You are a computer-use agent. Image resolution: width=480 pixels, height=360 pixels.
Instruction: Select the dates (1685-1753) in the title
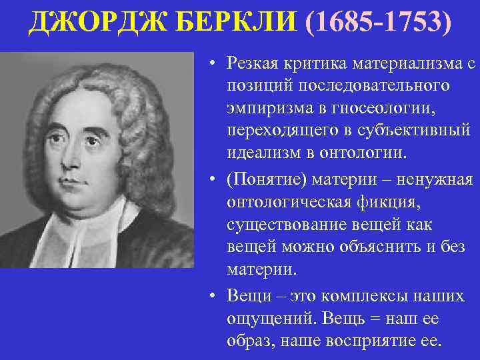click(x=377, y=24)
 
